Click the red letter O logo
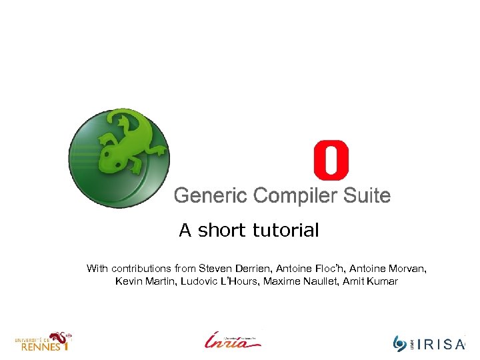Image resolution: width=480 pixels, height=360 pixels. (x=331, y=161)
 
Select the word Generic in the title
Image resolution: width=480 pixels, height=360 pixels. (x=210, y=196)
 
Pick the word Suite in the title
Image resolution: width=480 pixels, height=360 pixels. (x=367, y=196)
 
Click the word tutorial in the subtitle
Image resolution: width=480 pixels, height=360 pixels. (x=286, y=231)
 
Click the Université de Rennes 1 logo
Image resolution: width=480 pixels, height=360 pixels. (x=43, y=341)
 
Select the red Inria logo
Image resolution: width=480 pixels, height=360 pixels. (x=233, y=340)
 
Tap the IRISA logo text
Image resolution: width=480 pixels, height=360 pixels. (x=441, y=344)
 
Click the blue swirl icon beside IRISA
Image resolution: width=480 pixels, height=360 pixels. (x=400, y=343)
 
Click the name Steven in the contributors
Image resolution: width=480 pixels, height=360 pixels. (x=215, y=268)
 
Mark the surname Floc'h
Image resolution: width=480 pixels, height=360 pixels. (x=328, y=268)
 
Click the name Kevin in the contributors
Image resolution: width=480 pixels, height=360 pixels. (x=129, y=281)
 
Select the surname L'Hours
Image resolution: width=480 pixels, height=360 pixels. (x=238, y=281)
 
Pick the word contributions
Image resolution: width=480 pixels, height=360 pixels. (x=141, y=268)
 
